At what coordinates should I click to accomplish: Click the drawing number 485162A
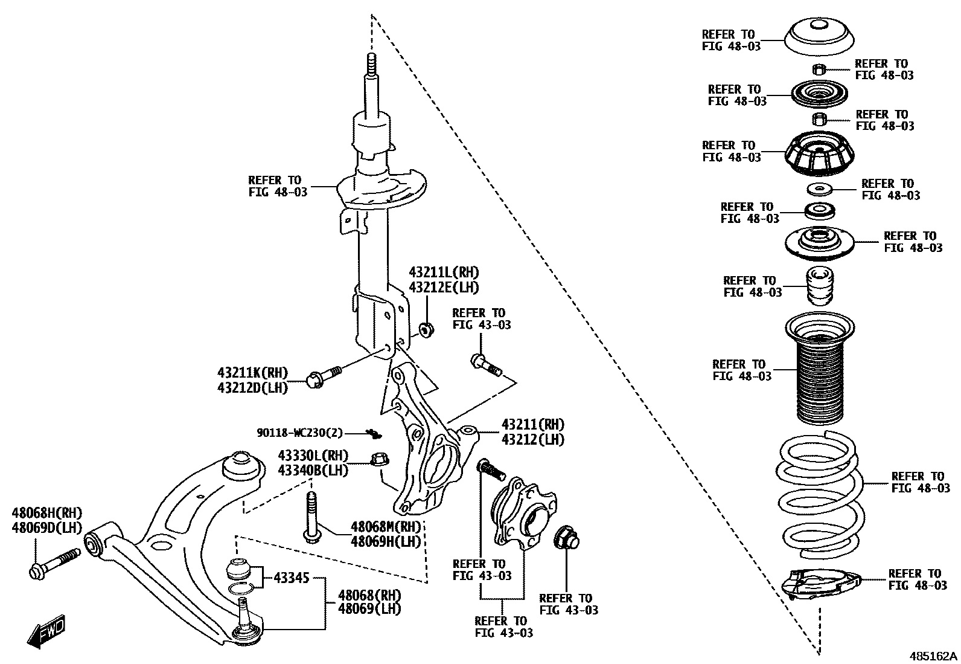point(933,656)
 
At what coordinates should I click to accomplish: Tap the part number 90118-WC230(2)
point(299,433)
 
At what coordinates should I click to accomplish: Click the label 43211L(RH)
point(444,272)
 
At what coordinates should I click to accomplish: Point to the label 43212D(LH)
point(252,387)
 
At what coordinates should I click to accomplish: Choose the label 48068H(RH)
point(46,513)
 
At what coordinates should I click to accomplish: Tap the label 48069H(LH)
point(385,541)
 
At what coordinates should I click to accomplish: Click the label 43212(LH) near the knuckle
point(532,439)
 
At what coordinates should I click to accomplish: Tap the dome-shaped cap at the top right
point(819,36)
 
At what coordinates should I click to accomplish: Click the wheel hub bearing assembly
point(523,513)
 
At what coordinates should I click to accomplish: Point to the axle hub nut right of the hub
point(566,537)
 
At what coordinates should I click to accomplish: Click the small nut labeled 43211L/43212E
point(426,330)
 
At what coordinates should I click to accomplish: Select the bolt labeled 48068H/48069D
point(54,562)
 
